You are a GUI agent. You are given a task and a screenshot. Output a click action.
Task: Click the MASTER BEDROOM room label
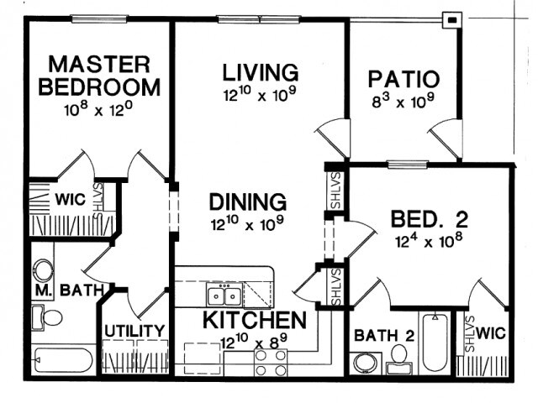point(99,76)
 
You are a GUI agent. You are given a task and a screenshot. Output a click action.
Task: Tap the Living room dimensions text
point(260,94)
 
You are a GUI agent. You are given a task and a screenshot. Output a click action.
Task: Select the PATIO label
point(403,79)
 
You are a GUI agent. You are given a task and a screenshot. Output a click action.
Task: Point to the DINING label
point(248,201)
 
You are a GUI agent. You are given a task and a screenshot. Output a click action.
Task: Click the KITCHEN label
point(255,320)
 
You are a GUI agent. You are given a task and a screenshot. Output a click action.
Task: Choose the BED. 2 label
point(430,219)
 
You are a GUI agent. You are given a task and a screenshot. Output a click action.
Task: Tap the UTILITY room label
point(134,331)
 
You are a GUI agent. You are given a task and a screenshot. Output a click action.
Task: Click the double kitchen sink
point(224,296)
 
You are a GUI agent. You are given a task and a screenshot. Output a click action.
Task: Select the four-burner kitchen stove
point(271,363)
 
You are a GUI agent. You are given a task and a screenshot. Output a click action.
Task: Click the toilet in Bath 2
point(398,359)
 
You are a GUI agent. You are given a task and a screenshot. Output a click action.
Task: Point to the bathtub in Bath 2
point(435,343)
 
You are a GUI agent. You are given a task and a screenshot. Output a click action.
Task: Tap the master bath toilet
point(46,317)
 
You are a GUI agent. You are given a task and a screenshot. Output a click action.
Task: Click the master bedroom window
point(99,18)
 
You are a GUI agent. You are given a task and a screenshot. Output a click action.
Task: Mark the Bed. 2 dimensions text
point(429,240)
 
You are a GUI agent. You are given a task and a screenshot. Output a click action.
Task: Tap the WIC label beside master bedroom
point(70,200)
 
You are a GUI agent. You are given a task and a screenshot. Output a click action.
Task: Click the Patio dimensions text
point(403,101)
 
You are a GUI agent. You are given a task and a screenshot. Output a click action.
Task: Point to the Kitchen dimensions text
point(254,342)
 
